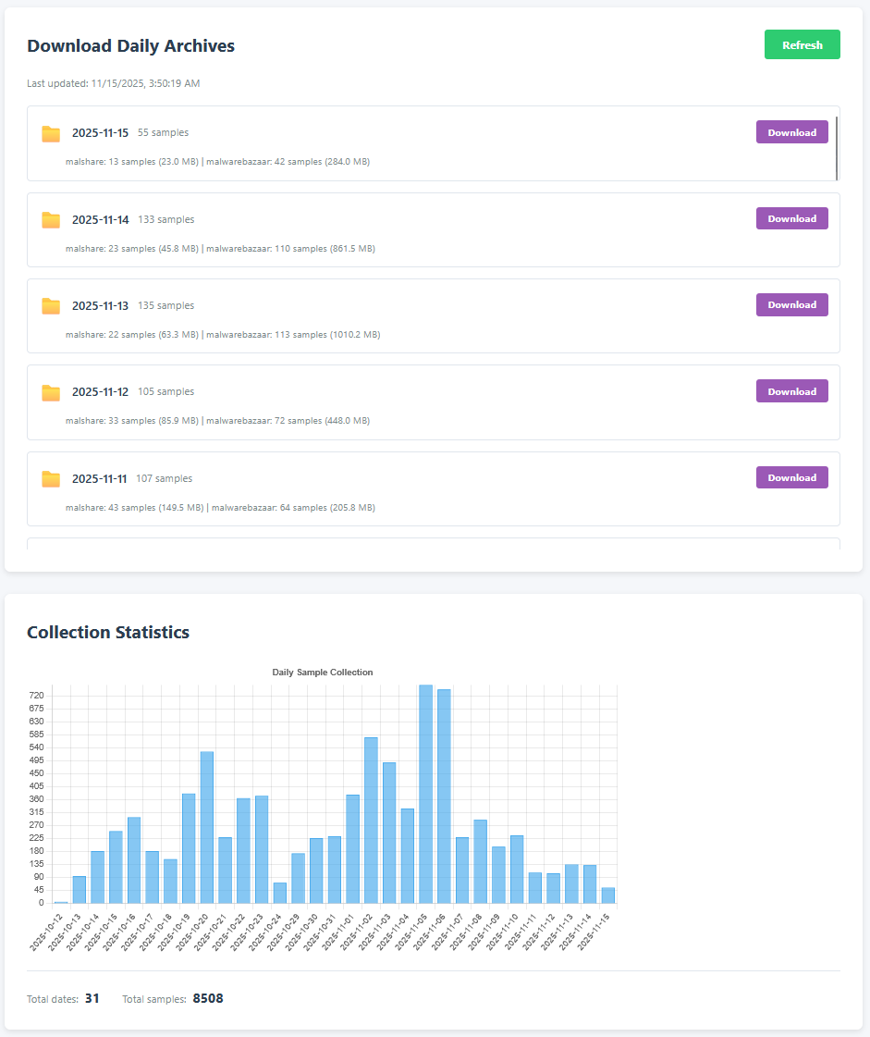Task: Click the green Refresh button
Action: (802, 44)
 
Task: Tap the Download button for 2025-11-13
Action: (791, 305)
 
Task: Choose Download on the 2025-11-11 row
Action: (791, 477)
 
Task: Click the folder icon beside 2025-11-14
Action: (51, 220)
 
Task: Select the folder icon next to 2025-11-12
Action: (51, 392)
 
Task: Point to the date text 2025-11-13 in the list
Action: (100, 306)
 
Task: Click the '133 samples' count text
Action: (166, 220)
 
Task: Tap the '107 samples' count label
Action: (164, 479)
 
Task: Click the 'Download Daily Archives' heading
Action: (130, 46)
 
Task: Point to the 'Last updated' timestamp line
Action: (114, 83)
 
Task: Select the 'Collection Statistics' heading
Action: (108, 633)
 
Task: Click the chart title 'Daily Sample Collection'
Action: (323, 673)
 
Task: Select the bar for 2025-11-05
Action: (426, 794)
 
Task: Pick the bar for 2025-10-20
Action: (207, 827)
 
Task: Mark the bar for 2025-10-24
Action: (280, 893)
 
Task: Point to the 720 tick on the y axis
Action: (36, 696)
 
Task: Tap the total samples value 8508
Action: (208, 999)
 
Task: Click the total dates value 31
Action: (92, 999)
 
